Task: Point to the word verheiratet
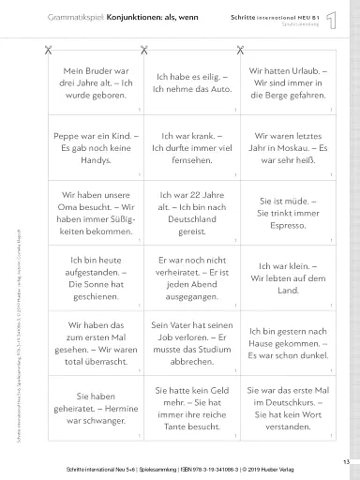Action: point(179,279)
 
